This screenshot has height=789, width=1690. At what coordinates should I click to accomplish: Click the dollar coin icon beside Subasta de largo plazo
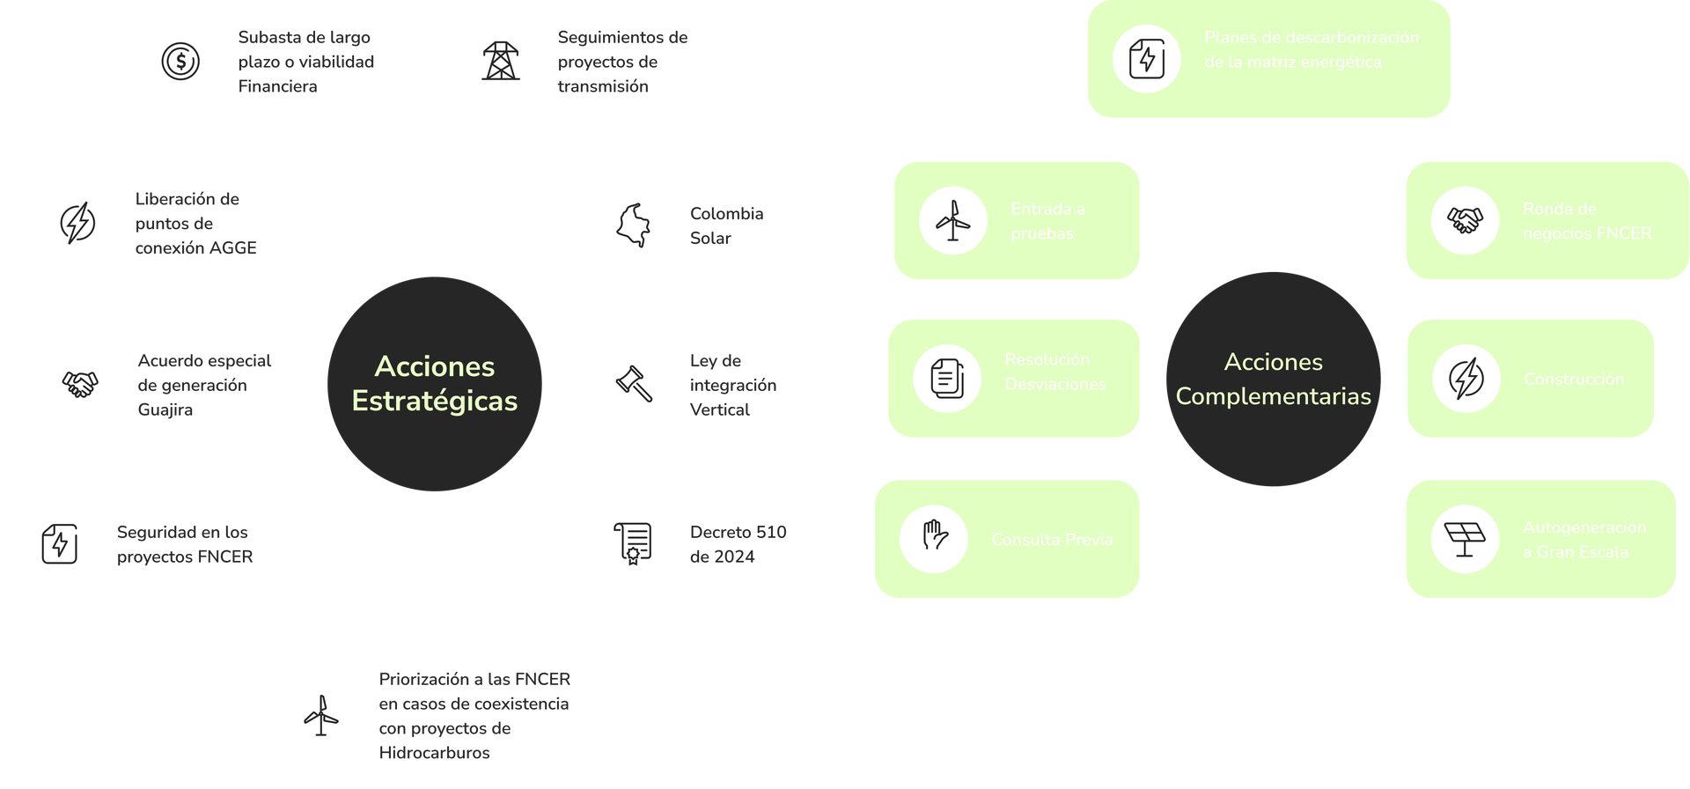[x=180, y=62]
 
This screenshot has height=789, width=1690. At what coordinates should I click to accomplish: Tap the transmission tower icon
[x=501, y=62]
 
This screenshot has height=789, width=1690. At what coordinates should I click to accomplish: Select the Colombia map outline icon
[x=634, y=225]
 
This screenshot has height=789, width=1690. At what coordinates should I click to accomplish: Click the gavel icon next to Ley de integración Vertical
[x=634, y=384]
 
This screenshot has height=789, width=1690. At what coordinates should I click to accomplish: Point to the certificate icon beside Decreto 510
[x=632, y=543]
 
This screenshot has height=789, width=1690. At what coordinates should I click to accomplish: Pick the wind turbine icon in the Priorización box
[x=321, y=715]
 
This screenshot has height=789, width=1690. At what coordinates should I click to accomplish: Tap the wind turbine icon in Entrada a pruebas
[x=952, y=220]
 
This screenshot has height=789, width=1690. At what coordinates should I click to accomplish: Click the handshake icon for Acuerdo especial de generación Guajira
[x=80, y=384]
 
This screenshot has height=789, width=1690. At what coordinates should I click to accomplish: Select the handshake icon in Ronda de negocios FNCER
[x=1465, y=220]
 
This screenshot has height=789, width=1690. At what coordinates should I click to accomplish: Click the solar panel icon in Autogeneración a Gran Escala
[x=1465, y=538]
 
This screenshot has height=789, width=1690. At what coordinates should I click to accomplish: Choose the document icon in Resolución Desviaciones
[x=947, y=379]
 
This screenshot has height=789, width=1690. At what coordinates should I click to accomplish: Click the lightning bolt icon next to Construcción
[x=1466, y=379]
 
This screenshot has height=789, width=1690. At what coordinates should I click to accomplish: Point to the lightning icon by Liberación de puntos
[x=77, y=223]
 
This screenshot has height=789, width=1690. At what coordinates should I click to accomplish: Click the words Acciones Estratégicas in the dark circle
[x=435, y=384]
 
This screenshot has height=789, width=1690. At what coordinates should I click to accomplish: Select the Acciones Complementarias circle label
[x=1273, y=380]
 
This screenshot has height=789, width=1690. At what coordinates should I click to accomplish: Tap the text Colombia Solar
[x=726, y=225]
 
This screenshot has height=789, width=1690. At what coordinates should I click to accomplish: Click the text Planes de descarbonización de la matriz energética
[x=1311, y=49]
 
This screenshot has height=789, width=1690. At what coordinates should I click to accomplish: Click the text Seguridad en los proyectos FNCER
[x=185, y=544]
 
